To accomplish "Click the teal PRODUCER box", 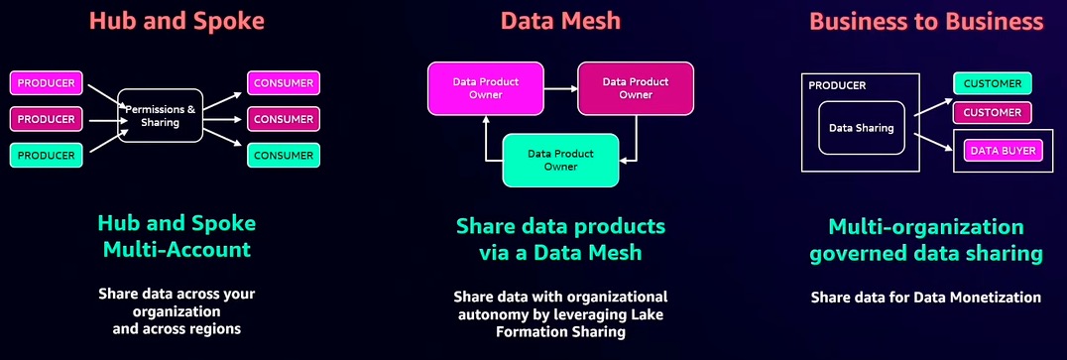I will [46, 156].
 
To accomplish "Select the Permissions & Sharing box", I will [160, 115].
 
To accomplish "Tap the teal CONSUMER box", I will [283, 156].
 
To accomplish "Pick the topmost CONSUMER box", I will [283, 83].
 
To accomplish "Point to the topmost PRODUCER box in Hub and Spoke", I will [46, 83].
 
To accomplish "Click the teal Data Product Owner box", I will [560, 160].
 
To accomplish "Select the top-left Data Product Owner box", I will [485, 88].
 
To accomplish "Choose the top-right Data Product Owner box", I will [636, 88].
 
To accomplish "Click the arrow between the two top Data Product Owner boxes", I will [560, 88].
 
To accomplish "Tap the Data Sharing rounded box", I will [862, 128].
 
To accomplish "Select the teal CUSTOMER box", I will [993, 84].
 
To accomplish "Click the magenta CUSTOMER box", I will [993, 113].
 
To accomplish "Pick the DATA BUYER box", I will [1004, 152].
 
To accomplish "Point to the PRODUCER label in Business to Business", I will [837, 85].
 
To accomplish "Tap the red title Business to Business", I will [925, 22].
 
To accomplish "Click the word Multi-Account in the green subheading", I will [177, 249].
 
